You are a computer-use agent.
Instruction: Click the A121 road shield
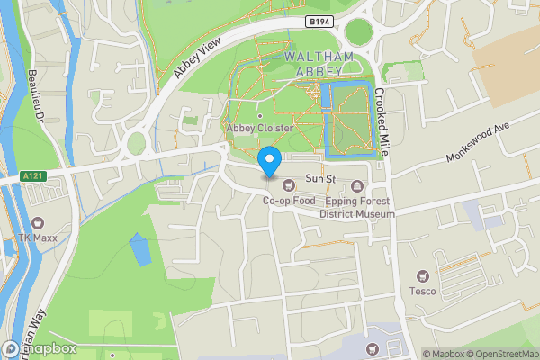[33, 177]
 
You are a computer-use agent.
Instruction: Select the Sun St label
[320, 180]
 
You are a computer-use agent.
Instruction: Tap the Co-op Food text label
[289, 202]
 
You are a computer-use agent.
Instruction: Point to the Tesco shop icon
[422, 275]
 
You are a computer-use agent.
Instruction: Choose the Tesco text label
[422, 291]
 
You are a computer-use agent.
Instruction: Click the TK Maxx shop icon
[38, 223]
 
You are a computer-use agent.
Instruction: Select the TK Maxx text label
[38, 238]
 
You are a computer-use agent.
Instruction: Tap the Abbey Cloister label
[260, 128]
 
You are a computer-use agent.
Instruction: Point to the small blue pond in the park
[139, 249]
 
